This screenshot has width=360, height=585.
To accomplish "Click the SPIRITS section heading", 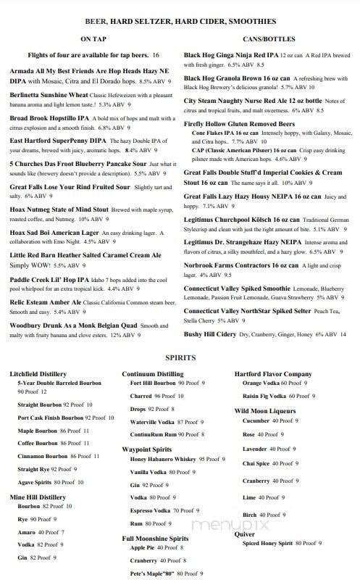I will [x=180, y=358].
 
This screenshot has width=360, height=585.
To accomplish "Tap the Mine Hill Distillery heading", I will [x=37, y=497].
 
